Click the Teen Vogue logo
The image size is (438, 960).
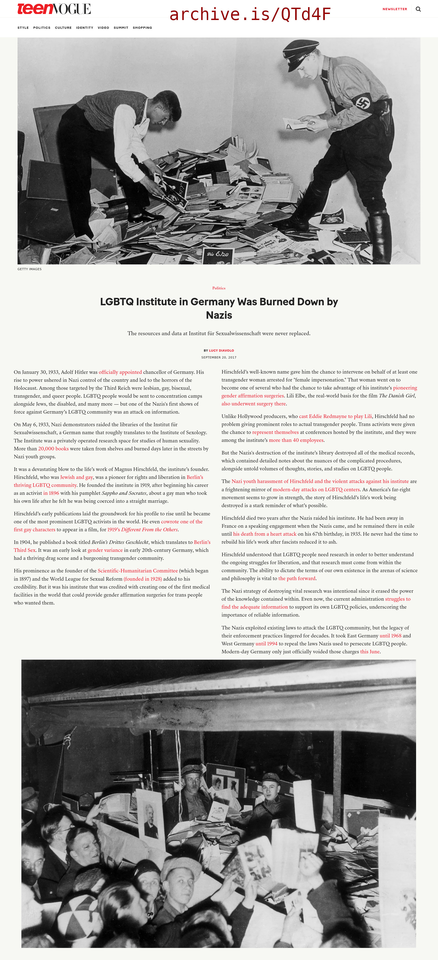(x=54, y=9)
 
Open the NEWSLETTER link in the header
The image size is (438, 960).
(x=394, y=9)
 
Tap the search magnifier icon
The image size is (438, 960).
(x=418, y=9)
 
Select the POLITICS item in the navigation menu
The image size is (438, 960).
(x=42, y=28)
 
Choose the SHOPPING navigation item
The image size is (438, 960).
(x=142, y=28)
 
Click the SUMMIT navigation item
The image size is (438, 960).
(x=121, y=28)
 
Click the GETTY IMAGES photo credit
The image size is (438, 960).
(x=29, y=269)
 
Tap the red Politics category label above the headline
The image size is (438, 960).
(x=219, y=288)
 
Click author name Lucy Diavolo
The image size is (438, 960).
(x=221, y=350)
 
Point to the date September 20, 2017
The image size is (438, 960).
(x=219, y=357)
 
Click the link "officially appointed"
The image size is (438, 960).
(x=120, y=372)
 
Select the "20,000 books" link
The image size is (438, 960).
(x=53, y=449)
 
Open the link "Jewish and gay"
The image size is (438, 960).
(x=76, y=477)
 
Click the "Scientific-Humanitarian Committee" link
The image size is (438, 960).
(x=137, y=571)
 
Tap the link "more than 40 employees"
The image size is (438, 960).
(x=296, y=440)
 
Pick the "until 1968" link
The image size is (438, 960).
(x=390, y=636)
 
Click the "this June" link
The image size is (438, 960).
(x=369, y=652)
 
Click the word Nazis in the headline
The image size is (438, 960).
(x=219, y=315)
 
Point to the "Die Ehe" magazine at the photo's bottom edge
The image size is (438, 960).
(x=218, y=255)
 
